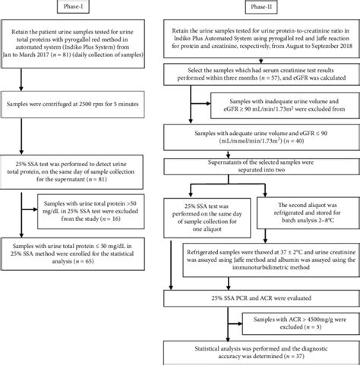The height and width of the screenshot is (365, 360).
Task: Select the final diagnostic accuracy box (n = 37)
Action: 261,351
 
